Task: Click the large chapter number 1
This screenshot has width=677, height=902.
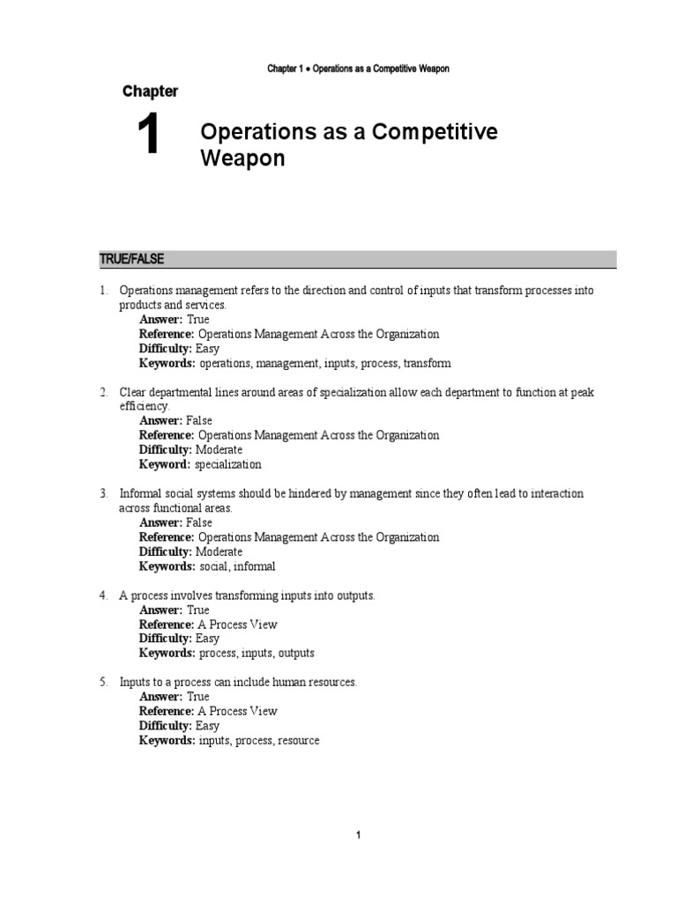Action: (x=147, y=138)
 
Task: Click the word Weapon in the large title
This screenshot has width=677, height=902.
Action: (x=242, y=160)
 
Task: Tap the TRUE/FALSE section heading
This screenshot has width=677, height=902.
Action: (x=130, y=258)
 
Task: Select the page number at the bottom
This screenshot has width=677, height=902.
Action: (x=359, y=836)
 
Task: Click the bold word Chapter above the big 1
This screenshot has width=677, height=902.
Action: (x=150, y=92)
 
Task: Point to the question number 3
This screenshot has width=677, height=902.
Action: (x=102, y=493)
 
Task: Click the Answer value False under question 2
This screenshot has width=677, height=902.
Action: (x=199, y=421)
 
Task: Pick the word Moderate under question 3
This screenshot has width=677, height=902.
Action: (x=219, y=551)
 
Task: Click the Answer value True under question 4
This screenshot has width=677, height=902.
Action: (x=197, y=610)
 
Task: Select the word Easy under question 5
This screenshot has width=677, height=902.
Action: (x=207, y=726)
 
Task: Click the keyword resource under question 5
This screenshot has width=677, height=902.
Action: (x=298, y=741)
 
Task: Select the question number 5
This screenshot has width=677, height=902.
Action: (x=102, y=682)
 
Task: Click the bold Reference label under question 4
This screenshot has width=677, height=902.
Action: (x=167, y=625)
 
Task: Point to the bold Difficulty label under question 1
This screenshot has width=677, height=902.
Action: (x=165, y=349)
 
